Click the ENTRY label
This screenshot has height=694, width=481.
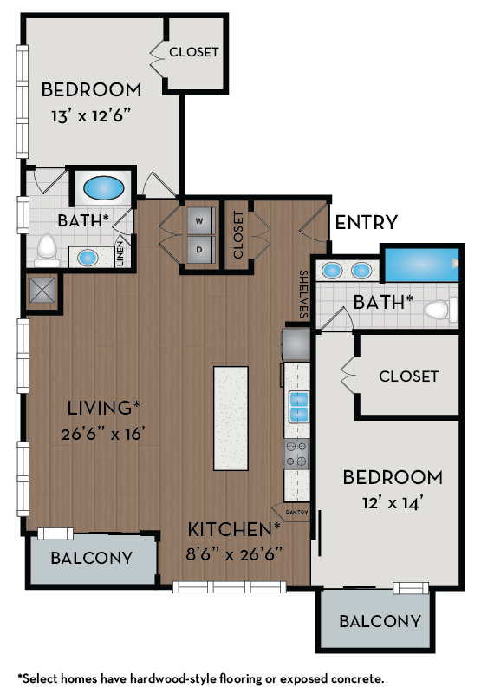pyautogui.click(x=367, y=222)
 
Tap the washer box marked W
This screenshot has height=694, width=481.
pyautogui.click(x=199, y=221)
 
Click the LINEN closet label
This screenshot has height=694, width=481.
pyautogui.click(x=121, y=255)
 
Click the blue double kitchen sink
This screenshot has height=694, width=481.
pyautogui.click(x=297, y=403)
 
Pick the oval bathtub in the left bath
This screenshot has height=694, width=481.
pyautogui.click(x=103, y=187)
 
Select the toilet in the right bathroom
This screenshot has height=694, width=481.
pyautogui.click(x=443, y=308)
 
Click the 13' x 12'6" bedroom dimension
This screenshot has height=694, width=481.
pyautogui.click(x=91, y=115)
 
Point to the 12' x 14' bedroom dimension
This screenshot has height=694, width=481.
pyautogui.click(x=392, y=502)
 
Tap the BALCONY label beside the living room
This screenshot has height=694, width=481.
pyautogui.click(x=91, y=558)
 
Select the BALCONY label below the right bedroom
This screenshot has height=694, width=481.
pyautogui.click(x=380, y=621)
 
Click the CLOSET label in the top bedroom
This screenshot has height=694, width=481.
pyautogui.click(x=193, y=52)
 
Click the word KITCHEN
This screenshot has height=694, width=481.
pyautogui.click(x=231, y=528)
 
